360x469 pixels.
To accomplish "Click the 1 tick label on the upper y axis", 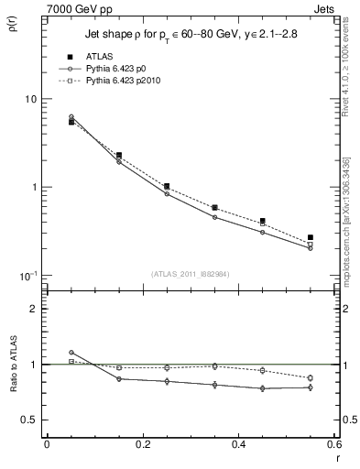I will pos(33,188).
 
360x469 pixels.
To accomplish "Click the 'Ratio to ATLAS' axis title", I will pos(13,373).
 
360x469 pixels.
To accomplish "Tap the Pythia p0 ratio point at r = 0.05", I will pos(71,353).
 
